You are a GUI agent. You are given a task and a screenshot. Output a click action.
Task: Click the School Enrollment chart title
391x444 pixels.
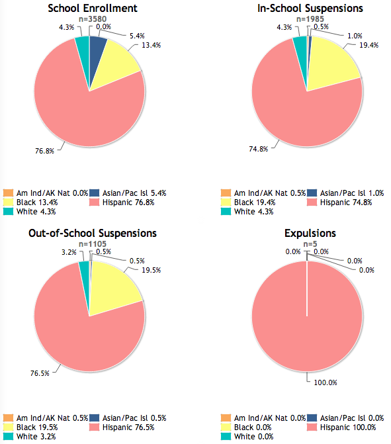93,8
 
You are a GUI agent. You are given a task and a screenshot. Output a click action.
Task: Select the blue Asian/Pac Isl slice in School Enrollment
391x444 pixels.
97,54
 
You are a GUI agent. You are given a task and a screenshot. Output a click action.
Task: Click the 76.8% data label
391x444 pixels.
44,151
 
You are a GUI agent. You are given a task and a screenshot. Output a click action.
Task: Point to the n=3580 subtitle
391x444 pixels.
93,19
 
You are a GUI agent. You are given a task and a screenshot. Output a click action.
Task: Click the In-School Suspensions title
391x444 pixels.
310,8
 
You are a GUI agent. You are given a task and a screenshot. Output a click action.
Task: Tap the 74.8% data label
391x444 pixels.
258,149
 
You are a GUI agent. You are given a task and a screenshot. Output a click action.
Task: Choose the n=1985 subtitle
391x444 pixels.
310,19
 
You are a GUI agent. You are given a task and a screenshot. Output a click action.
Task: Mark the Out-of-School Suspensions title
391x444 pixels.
93,233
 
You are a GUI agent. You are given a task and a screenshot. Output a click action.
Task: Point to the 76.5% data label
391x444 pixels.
40,373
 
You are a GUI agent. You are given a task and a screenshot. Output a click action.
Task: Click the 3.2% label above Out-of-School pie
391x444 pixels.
69,252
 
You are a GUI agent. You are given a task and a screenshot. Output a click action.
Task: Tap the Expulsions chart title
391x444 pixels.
310,233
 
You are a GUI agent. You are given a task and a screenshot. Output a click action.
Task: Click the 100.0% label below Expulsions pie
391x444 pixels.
326,382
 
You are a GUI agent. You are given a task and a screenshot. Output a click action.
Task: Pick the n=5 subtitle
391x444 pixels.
310,244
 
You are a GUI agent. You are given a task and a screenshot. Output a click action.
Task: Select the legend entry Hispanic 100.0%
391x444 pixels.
341,427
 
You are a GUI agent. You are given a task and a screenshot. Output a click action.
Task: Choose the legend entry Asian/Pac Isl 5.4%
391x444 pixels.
128,193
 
